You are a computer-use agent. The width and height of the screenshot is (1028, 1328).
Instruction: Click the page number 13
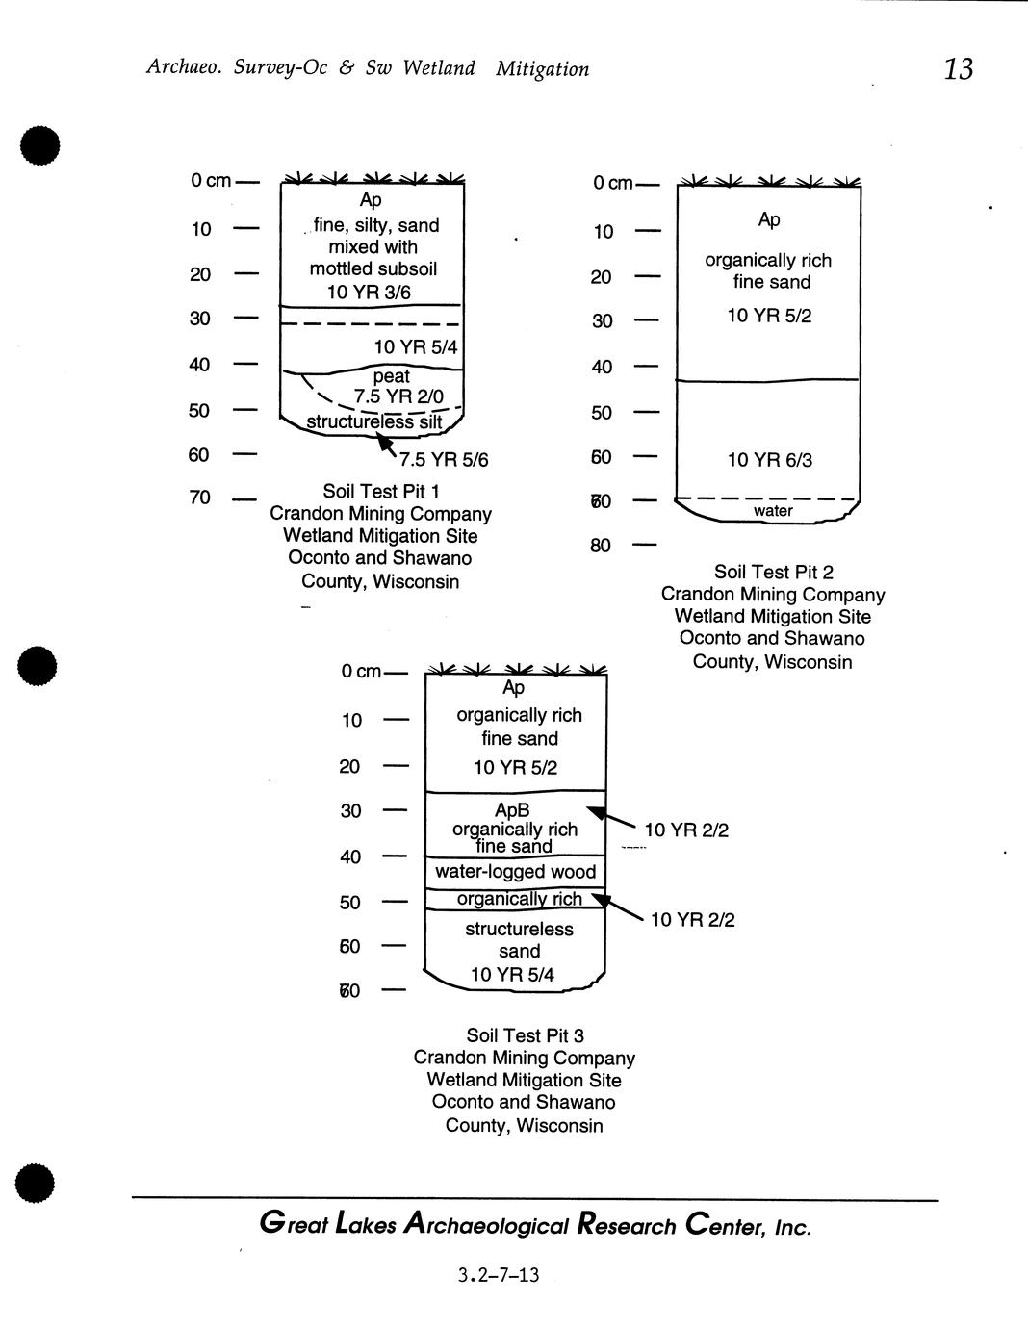click(959, 69)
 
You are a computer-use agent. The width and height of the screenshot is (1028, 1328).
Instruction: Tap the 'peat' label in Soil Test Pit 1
click(391, 376)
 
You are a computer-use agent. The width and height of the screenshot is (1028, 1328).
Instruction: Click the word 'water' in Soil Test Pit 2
click(773, 511)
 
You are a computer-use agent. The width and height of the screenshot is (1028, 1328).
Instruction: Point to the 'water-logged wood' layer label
click(515, 872)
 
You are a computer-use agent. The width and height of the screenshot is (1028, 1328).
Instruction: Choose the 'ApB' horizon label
click(511, 811)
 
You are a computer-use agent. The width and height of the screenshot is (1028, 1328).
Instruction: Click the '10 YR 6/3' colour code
click(769, 460)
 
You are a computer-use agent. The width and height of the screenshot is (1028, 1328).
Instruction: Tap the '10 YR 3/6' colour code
click(370, 292)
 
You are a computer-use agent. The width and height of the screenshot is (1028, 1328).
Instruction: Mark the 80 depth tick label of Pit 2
click(601, 547)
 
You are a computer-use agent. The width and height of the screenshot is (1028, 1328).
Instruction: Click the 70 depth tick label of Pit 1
click(199, 498)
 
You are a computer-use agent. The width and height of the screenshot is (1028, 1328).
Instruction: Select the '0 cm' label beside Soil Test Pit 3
click(361, 672)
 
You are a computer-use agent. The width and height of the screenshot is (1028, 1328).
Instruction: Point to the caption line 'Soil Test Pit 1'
click(381, 492)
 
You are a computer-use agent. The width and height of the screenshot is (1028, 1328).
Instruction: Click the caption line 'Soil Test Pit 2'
click(773, 573)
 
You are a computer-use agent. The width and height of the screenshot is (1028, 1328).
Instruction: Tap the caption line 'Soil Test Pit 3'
click(525, 1035)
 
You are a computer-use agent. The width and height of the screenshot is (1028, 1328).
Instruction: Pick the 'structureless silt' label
click(373, 421)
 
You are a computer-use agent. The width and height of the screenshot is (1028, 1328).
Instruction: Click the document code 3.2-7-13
click(499, 1276)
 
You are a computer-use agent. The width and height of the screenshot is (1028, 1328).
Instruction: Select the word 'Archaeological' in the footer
click(486, 1226)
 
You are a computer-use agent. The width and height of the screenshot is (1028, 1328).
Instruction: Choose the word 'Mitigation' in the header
click(542, 69)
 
